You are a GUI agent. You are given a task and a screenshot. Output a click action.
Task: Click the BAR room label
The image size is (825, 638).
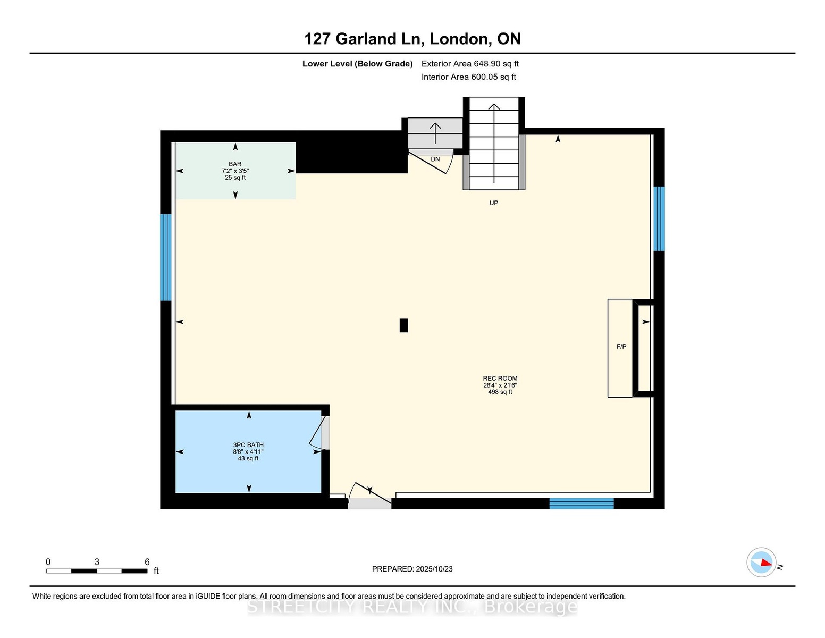(x=235, y=164)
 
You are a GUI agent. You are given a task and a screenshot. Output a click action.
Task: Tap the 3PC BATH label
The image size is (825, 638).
(x=248, y=445)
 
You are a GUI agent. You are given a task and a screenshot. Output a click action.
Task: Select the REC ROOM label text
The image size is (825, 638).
(x=500, y=379)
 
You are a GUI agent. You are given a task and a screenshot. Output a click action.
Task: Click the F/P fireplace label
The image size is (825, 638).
(x=621, y=347)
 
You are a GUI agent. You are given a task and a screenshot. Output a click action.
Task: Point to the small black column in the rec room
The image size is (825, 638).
(x=403, y=325)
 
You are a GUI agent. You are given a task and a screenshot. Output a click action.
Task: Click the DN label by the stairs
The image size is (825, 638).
(x=435, y=159)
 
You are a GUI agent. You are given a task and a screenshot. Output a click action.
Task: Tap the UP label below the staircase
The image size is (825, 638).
(x=493, y=203)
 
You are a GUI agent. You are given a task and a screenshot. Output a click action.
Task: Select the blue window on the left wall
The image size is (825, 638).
(x=166, y=257)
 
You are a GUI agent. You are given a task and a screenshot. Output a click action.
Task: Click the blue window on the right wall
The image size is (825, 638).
(x=659, y=219)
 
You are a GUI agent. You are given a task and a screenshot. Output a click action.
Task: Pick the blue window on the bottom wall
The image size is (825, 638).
(x=582, y=503)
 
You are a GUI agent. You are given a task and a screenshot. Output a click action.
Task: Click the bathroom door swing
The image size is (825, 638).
(x=316, y=433)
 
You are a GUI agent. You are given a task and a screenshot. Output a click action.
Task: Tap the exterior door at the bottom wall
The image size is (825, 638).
(x=370, y=496)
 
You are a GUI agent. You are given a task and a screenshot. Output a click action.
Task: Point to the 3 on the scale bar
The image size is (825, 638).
(x=97, y=562)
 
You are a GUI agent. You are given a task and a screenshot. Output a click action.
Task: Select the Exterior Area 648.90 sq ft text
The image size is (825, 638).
(x=470, y=64)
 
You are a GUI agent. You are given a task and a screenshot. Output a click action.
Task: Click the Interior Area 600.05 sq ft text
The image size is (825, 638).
(x=469, y=77)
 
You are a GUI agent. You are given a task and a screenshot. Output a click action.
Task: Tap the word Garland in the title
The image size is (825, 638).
(x=366, y=39)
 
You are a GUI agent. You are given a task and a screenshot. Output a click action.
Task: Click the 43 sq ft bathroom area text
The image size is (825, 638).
(x=248, y=458)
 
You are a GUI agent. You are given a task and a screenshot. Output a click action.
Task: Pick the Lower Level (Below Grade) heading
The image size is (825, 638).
(x=358, y=64)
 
